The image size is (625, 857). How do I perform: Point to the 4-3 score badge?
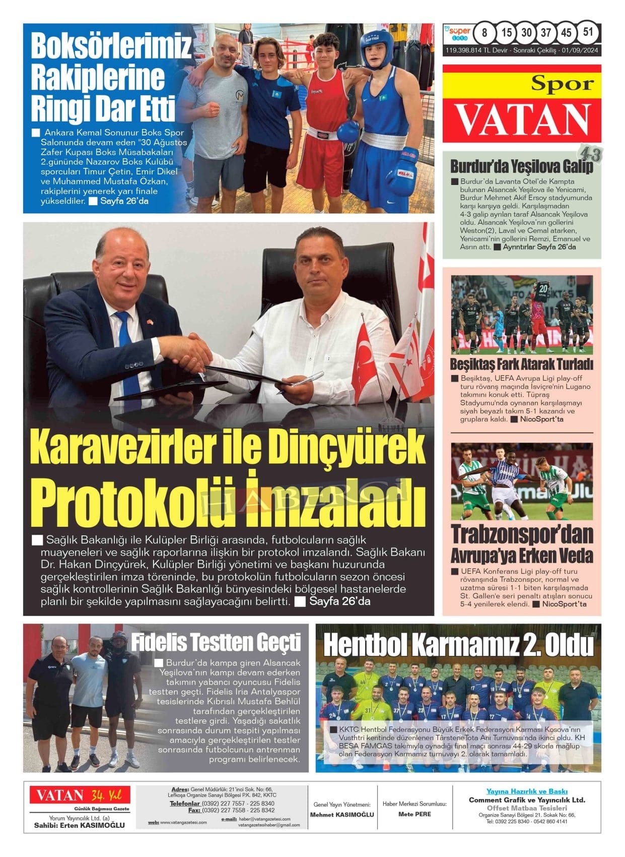589,156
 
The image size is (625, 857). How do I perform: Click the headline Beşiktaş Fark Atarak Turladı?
521,363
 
